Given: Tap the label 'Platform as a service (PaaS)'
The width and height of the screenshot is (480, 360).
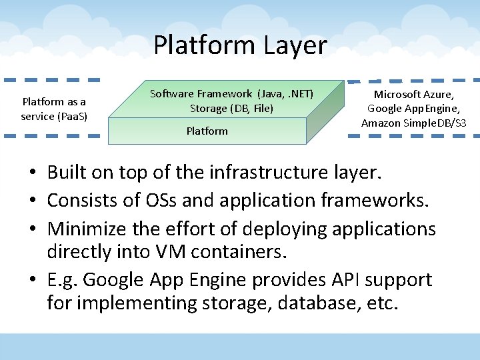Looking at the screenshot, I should point(54,109).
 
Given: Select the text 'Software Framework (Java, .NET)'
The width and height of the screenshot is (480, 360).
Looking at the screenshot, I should point(231,93).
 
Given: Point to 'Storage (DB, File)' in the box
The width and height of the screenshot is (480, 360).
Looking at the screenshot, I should point(231,108).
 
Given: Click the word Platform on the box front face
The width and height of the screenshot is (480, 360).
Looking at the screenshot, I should point(207,131).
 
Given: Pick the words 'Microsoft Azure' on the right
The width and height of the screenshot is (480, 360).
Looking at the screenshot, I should point(414,94).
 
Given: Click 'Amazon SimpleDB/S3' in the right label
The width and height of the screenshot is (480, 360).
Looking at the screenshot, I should point(414,123).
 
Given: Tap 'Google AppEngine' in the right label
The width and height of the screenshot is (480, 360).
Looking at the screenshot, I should point(414,108).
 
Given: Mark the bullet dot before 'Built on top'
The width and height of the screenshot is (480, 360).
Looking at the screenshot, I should point(32,174).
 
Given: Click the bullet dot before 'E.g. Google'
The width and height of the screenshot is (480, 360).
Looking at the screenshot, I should point(32,280).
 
